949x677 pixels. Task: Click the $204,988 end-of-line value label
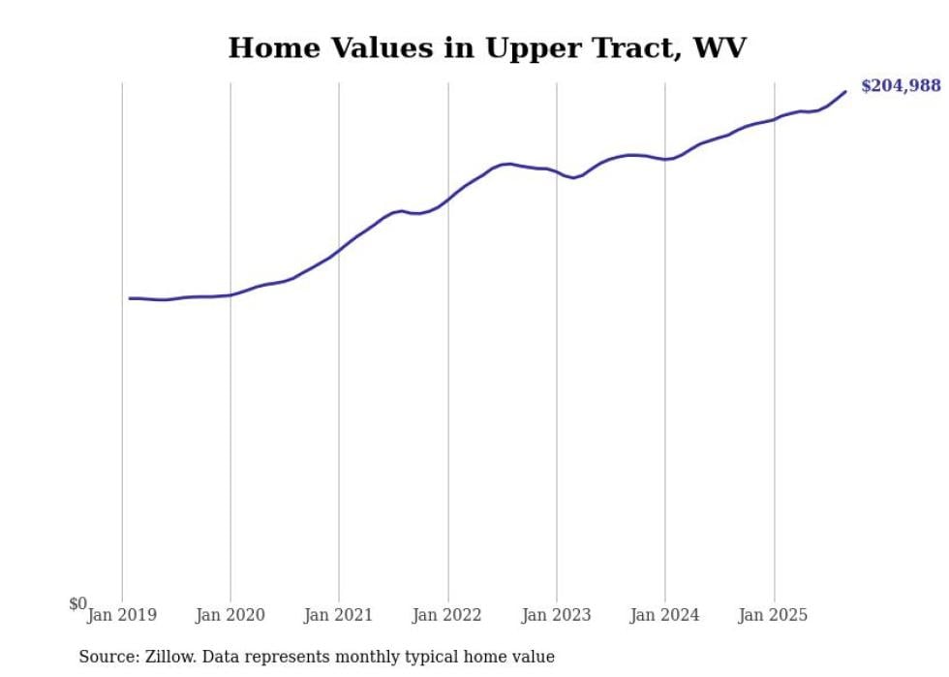900,86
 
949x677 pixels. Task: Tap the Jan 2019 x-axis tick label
122,614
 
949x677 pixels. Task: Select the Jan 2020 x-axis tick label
230,614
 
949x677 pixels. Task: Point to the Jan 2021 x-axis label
339,614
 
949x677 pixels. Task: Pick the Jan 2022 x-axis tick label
447,614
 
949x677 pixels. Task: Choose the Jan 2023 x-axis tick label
556,614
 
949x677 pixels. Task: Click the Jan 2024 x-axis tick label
664,614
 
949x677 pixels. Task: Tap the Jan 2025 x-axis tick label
773,614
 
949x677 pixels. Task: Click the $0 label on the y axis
77,603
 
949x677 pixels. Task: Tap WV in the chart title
719,47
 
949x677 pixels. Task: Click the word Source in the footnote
106,657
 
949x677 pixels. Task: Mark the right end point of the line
845,92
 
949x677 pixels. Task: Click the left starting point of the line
130,298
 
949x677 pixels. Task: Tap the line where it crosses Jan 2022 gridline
447,200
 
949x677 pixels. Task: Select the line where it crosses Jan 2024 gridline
664,159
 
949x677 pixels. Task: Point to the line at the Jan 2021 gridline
339,251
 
